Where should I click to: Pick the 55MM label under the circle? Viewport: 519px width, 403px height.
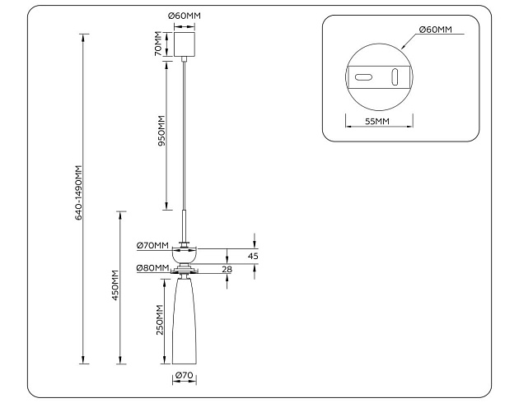[376, 121]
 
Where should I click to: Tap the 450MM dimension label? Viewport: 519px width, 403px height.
[116, 285]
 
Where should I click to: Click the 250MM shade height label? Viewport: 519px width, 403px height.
[161, 321]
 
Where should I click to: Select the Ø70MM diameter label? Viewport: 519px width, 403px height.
[152, 245]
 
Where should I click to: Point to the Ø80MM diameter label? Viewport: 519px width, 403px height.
[152, 268]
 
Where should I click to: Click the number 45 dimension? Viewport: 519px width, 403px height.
[253, 257]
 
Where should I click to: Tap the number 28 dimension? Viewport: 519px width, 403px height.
[227, 269]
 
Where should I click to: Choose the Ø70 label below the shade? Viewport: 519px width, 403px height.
[184, 377]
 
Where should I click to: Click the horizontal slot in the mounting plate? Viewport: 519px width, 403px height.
[364, 77]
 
